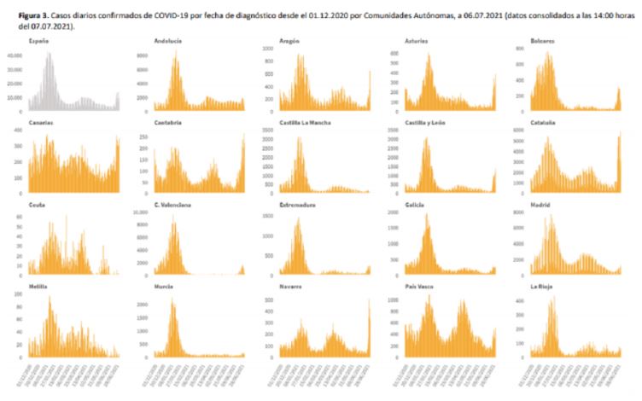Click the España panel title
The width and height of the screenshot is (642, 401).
click(38, 41)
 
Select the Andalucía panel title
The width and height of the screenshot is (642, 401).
click(166, 41)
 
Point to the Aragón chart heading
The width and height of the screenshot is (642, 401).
click(289, 41)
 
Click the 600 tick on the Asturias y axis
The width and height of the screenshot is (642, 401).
click(394, 53)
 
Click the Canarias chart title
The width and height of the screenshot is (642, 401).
click(40, 122)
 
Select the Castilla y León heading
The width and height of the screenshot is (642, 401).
click(428, 122)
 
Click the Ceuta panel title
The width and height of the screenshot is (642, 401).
click(36, 205)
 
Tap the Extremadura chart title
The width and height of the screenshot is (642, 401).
click(295, 205)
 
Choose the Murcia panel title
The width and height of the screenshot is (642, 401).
click(163, 288)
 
